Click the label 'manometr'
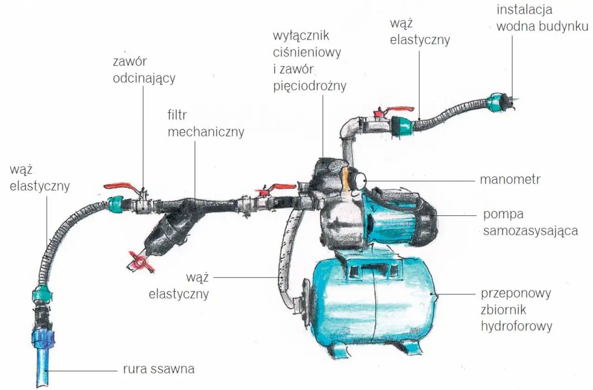coord(510,179)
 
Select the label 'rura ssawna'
coord(158,369)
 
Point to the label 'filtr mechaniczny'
coord(205,124)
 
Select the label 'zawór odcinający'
coord(144,70)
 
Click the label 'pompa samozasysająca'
coord(530,222)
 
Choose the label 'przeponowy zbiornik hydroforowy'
coord(517,310)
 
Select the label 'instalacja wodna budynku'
coord(542,18)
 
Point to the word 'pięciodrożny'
coord(309,86)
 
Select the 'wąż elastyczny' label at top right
coord(420,31)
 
